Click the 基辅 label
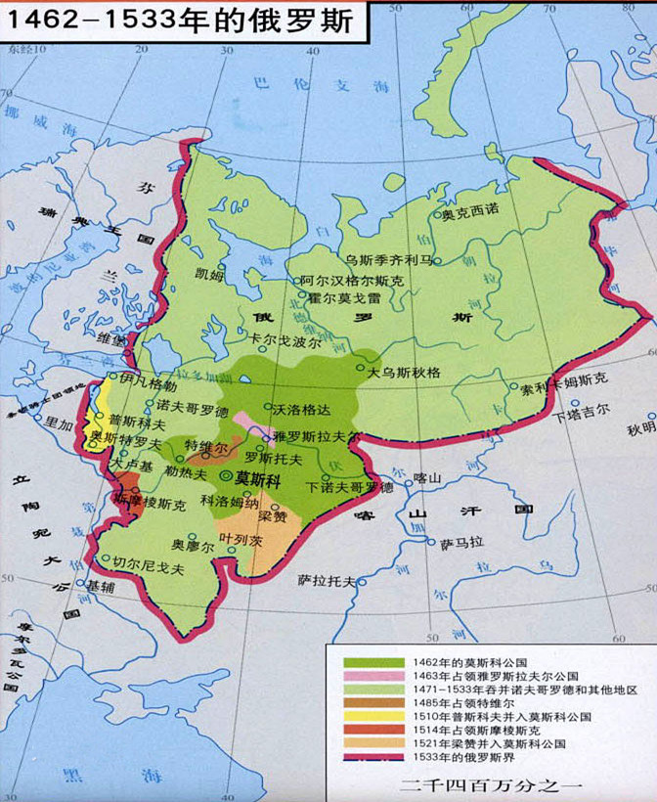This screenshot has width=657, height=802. click(x=101, y=587)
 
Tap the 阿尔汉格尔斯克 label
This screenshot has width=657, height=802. click(x=351, y=280)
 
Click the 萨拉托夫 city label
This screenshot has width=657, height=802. click(x=327, y=580)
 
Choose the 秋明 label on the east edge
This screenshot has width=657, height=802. click(x=640, y=429)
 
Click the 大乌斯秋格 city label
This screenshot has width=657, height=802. click(x=404, y=373)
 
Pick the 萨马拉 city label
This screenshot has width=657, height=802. click(x=460, y=542)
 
